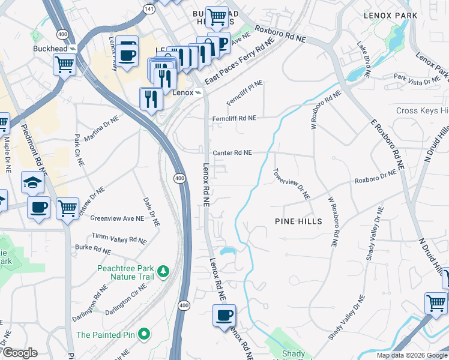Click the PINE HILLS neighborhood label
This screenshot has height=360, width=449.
[298, 221]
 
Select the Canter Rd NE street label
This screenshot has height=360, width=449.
[231, 153]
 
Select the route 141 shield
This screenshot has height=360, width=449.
[148, 9]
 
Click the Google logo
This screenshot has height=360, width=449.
[19, 353]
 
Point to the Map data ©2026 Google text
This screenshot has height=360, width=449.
[412, 355]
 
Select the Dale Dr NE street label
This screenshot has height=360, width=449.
[151, 212]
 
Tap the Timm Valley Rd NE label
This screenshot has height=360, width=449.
[118, 236]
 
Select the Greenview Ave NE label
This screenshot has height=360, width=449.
[117, 218]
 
